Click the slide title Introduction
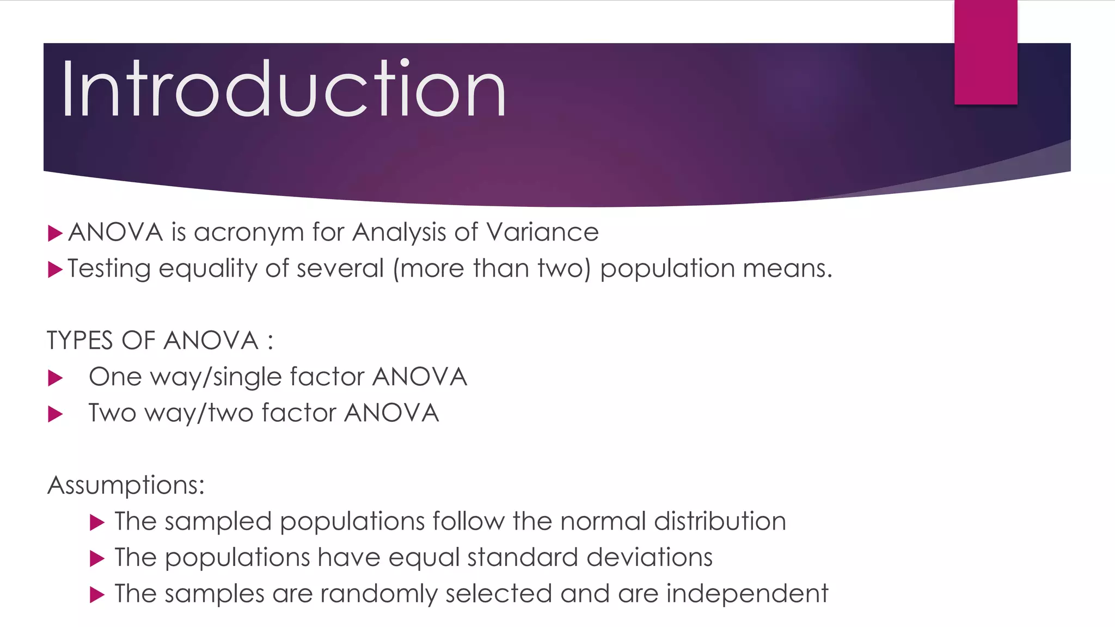tap(284, 89)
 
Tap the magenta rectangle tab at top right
tap(985, 52)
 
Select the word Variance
tap(542, 232)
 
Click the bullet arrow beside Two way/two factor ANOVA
tap(55, 414)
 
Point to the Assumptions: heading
tap(126, 485)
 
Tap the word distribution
tap(720, 521)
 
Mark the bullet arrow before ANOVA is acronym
tap(55, 233)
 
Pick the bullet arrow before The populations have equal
tap(97, 558)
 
